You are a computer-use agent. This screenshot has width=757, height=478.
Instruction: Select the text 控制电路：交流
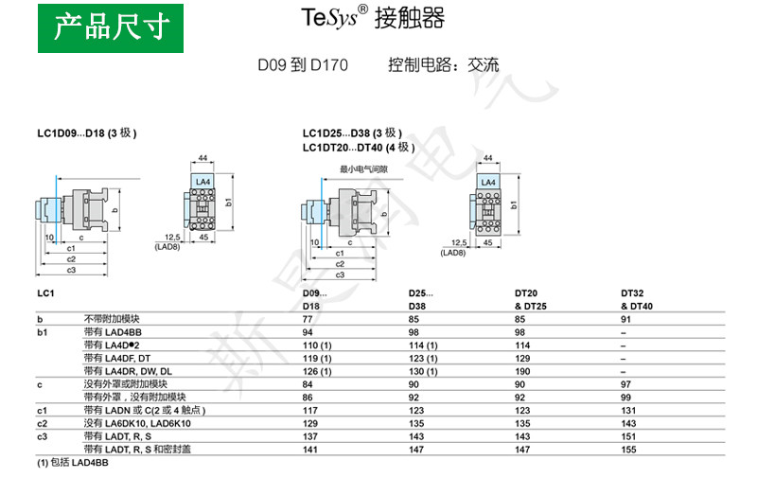pos(443,65)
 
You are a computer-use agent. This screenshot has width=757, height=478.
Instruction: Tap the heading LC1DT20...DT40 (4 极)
pos(359,147)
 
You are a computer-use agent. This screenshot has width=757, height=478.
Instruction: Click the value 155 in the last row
pos(627,450)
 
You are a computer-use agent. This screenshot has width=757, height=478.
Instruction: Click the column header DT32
pos(632,293)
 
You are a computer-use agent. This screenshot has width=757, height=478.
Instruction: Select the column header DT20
pos(525,293)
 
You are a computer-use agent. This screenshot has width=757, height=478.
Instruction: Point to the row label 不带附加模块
pos(110,319)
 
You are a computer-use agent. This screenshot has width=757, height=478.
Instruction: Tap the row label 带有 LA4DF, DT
pos(116,359)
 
